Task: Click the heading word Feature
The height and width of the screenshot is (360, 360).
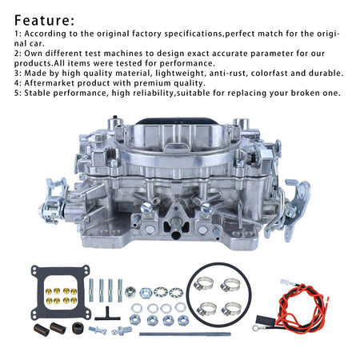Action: (x=42, y=21)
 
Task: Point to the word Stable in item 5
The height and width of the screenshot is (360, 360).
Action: (x=38, y=93)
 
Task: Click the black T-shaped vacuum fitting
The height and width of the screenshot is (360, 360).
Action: (x=108, y=314)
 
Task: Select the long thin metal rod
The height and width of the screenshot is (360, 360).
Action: (x=185, y=334)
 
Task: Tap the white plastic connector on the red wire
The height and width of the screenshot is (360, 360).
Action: (x=285, y=282)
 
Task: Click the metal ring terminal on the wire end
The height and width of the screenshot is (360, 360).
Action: (x=257, y=328)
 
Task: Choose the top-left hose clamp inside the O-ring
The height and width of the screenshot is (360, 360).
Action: (x=203, y=283)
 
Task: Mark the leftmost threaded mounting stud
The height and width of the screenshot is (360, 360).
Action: (x=91, y=290)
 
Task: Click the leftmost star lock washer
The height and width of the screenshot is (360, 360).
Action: (x=161, y=293)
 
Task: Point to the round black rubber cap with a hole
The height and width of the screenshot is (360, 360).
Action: (x=78, y=329)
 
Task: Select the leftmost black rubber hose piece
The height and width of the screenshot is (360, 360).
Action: (x=42, y=330)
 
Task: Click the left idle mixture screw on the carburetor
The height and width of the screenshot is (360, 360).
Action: (x=146, y=208)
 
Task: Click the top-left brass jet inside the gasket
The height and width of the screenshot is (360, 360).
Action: (x=49, y=291)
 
